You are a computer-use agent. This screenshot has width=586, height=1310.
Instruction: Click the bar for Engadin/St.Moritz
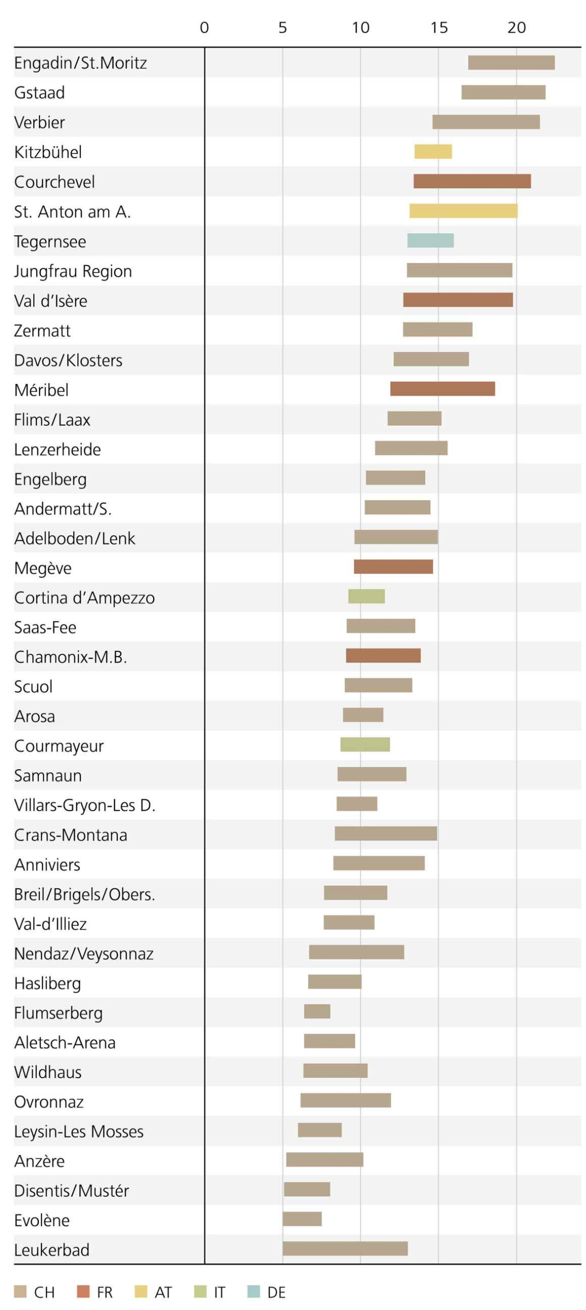coord(511,62)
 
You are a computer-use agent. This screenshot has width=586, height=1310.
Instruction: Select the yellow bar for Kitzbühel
coord(432,151)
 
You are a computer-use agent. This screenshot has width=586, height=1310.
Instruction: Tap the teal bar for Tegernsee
coord(430,241)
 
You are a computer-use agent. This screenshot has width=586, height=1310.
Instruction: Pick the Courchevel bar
coord(471,181)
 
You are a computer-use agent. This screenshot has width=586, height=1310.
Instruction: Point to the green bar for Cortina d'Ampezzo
coord(366,596)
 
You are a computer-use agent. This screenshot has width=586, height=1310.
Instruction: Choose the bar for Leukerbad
coord(345,1248)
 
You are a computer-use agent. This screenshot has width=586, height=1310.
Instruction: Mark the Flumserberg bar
coord(317,1011)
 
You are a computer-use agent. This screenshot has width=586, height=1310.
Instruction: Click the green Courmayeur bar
coord(364,745)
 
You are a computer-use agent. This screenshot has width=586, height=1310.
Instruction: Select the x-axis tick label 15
coord(439,28)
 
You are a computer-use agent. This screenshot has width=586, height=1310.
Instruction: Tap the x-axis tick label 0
coord(204,28)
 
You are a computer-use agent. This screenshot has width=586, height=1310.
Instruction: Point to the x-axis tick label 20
coord(516,28)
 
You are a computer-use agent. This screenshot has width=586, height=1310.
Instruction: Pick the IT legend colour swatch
coord(200,1292)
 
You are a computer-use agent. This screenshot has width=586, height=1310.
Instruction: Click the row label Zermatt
coord(42,331)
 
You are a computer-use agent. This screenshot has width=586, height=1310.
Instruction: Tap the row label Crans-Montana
coord(71,835)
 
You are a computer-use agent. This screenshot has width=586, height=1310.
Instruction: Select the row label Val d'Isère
coord(51,301)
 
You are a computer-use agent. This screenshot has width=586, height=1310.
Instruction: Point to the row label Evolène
coord(41,1220)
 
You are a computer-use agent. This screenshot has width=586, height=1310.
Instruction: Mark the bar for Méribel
coord(442,389)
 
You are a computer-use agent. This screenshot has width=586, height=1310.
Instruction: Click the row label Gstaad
coord(39,93)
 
